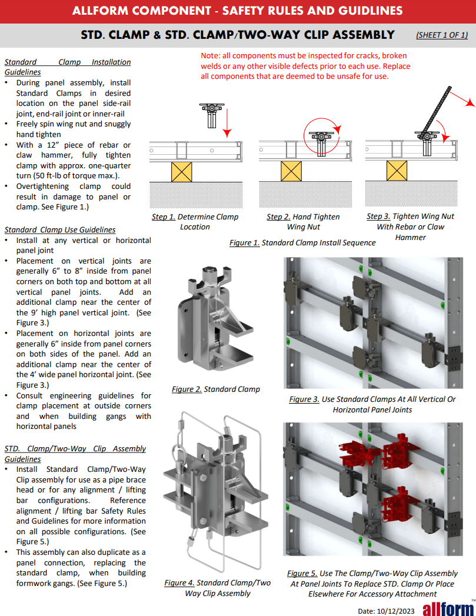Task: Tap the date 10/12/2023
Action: [x=388, y=611]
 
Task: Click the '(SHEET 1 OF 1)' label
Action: [x=441, y=35]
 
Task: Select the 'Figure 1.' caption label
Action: [x=244, y=242]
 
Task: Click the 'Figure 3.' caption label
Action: [x=304, y=399]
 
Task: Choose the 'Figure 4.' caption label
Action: [x=179, y=582]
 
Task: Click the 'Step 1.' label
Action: [x=163, y=217]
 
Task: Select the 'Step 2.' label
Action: [x=278, y=217]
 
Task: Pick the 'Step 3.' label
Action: [x=378, y=216]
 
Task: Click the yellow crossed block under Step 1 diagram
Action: [x=182, y=171]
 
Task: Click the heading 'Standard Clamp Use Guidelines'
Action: [x=60, y=229]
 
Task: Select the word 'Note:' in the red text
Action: [x=211, y=56]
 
